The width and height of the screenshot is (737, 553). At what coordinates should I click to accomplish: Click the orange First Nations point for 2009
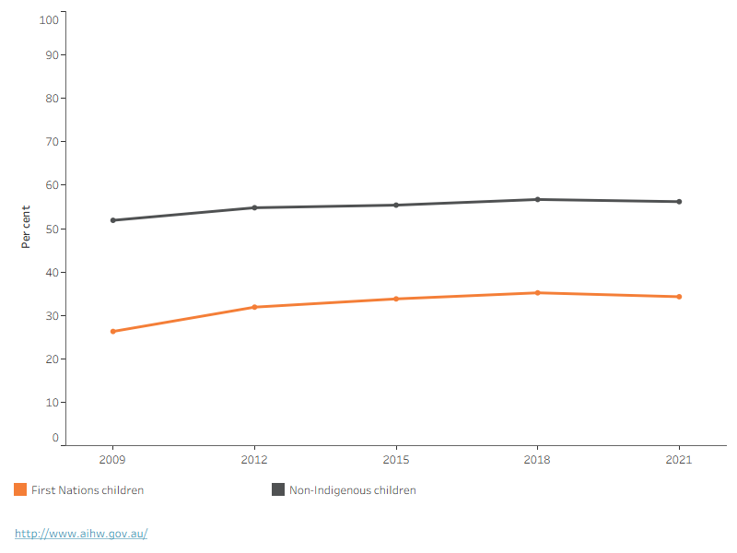112,332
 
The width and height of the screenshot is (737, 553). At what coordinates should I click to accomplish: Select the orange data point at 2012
255,307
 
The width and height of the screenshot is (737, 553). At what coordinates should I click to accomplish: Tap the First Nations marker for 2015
396,299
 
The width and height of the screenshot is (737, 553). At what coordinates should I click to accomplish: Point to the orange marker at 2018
538,293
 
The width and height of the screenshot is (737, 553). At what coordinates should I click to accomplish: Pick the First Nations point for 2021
679,297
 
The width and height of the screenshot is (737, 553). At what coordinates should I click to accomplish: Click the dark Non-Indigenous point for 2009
112,220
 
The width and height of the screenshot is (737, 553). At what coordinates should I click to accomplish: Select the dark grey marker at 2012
255,207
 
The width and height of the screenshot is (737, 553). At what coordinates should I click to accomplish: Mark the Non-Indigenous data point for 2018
538,199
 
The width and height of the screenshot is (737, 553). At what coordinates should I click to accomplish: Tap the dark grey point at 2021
679,202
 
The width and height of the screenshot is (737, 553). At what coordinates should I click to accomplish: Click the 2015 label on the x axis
396,459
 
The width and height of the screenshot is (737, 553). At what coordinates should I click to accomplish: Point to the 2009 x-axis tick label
112,459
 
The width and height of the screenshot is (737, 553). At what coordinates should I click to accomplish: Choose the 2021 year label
679,459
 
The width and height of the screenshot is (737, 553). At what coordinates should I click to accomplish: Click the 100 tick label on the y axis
49,19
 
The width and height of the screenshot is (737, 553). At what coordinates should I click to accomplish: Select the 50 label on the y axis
53,229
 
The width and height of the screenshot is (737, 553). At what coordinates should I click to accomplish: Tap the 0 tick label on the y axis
55,438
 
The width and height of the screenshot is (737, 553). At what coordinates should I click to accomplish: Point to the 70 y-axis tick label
53,142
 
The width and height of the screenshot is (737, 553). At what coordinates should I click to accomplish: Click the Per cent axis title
26,227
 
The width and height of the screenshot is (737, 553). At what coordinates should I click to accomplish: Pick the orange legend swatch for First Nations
20,489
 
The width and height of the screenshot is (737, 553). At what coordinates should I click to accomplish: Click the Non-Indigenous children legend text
353,490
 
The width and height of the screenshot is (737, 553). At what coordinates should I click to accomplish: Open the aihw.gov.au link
81,534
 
